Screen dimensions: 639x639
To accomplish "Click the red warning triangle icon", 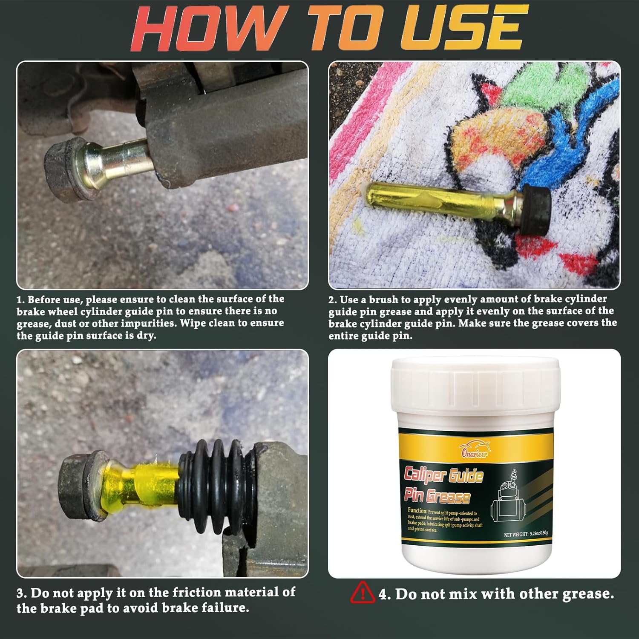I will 363,593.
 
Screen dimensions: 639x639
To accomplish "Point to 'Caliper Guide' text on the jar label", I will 443,475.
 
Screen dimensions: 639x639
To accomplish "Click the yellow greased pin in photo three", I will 141,483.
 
